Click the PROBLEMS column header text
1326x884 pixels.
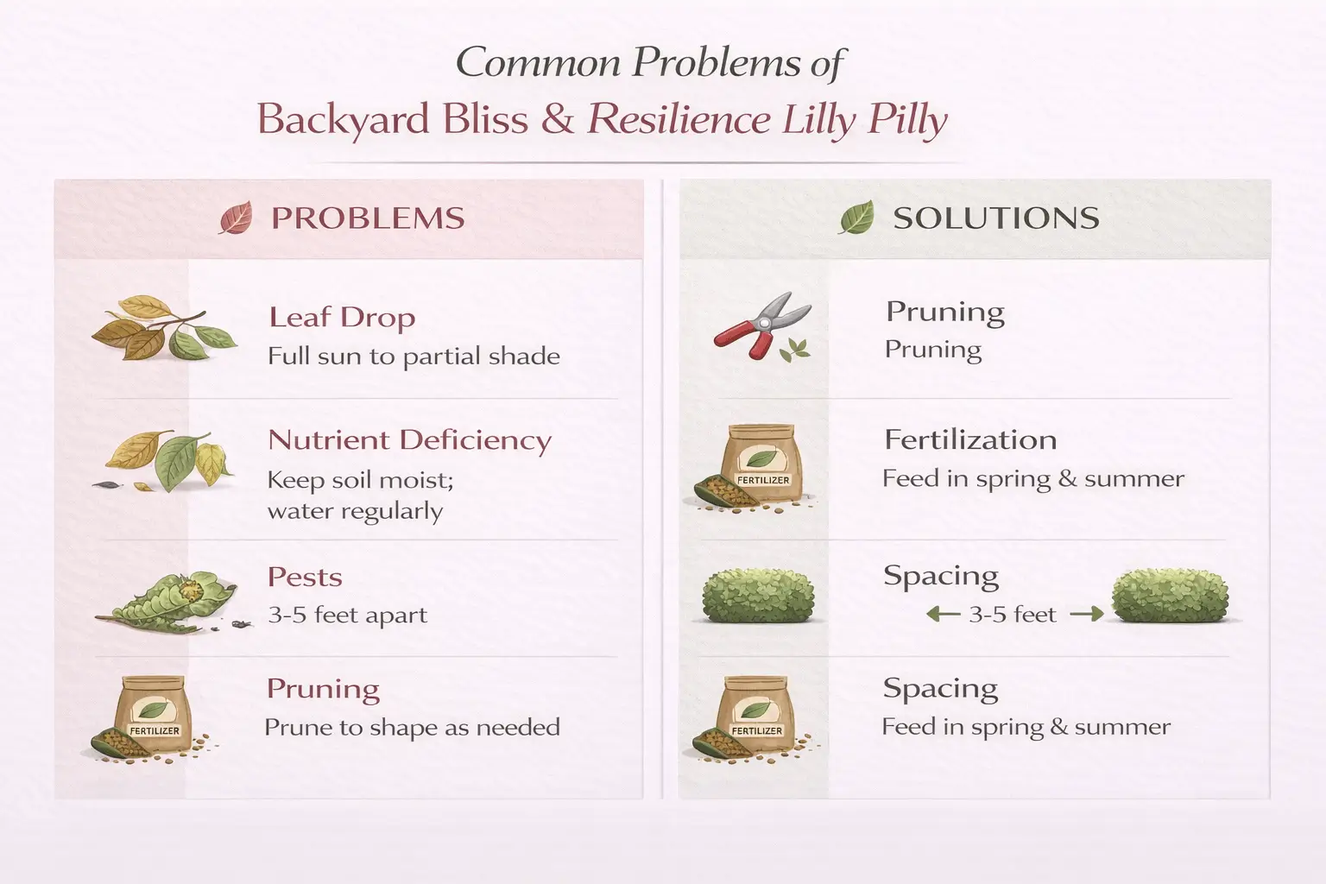(x=368, y=218)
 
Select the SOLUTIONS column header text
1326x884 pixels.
(x=995, y=218)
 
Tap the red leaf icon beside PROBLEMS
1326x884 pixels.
(x=236, y=218)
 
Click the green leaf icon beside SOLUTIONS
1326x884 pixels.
(x=856, y=218)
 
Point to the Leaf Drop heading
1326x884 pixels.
(x=342, y=318)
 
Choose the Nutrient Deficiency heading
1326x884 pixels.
(x=409, y=440)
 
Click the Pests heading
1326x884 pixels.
(x=305, y=577)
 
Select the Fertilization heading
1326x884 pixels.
(x=970, y=440)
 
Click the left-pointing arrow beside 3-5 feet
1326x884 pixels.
(x=942, y=615)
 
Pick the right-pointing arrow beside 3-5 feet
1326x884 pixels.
(x=1086, y=615)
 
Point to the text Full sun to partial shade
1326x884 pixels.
(x=414, y=357)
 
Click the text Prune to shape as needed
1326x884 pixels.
(x=412, y=728)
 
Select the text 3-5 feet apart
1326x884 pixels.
(x=347, y=616)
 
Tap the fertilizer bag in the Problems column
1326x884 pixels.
(x=154, y=714)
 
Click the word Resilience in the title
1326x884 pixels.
(x=679, y=119)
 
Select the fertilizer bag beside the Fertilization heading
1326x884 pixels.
(x=760, y=464)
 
